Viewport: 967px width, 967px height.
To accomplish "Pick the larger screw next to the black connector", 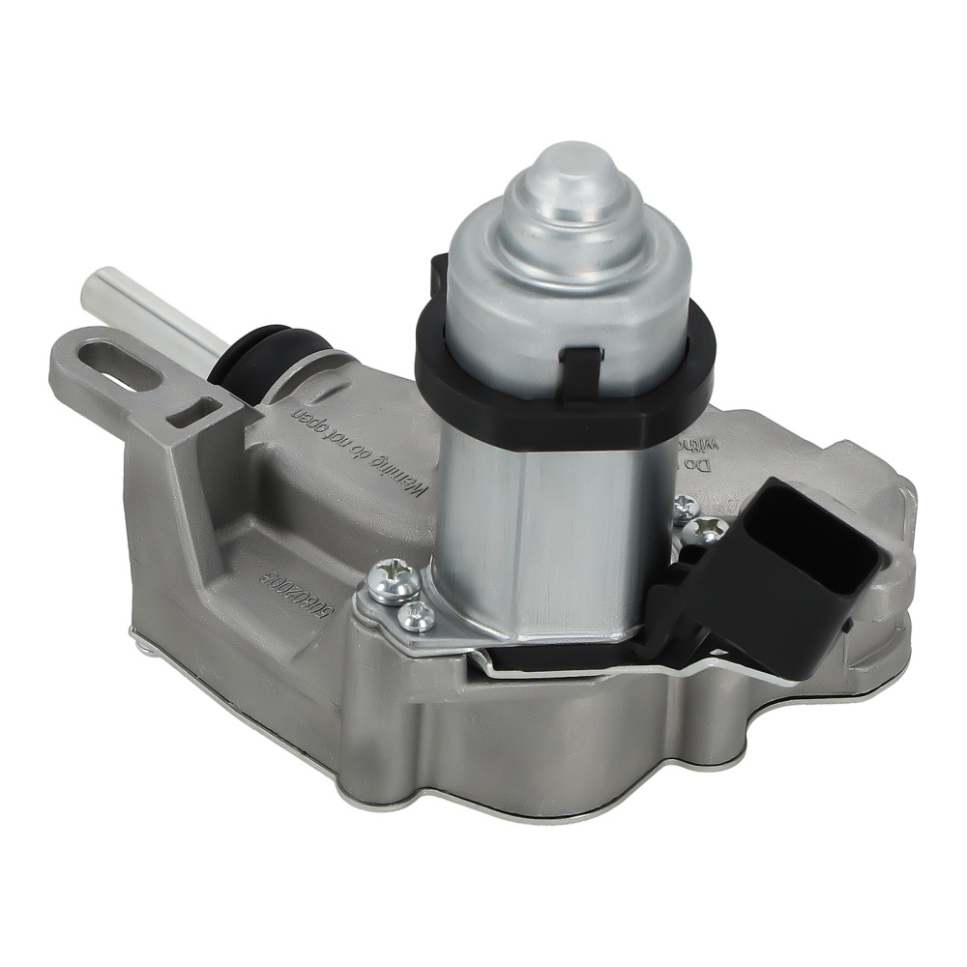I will (x=712, y=528).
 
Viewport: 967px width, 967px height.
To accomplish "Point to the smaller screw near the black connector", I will (x=686, y=504).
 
